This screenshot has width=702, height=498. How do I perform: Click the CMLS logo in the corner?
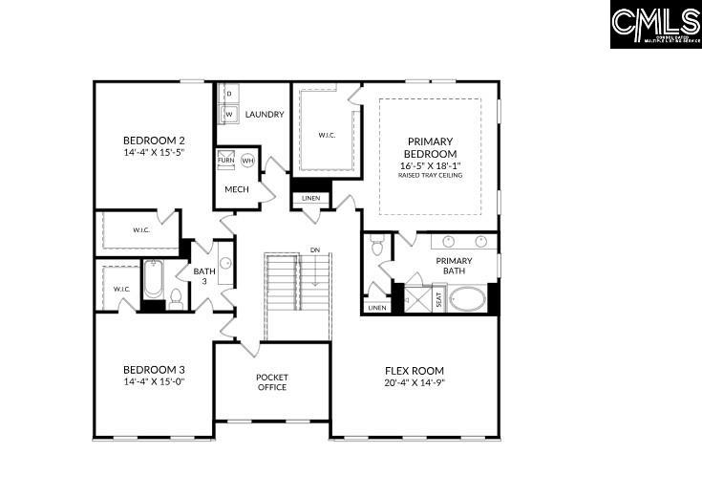pos(655,25)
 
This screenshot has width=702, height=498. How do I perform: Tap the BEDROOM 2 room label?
pos(153,141)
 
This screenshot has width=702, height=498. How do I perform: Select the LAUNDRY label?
pos(264,115)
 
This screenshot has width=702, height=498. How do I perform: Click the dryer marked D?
pos(229,94)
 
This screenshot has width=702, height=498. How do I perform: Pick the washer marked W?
pos(229,115)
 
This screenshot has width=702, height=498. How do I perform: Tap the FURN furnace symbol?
pos(226,160)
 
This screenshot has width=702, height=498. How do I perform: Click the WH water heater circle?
pos(248,161)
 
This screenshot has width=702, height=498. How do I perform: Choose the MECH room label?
pos(237,189)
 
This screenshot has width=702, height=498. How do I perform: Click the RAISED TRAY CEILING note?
pos(430,176)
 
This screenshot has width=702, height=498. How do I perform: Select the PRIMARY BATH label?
pos(455,266)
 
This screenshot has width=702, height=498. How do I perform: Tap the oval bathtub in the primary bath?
pos(467,300)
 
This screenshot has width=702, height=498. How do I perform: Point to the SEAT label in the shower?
pos(438,299)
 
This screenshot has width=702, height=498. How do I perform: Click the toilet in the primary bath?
pos(377,248)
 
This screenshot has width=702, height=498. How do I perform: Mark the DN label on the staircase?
pos(314,250)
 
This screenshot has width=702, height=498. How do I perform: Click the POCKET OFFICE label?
pos(272,381)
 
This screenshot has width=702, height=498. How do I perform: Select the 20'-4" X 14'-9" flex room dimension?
pos(415,383)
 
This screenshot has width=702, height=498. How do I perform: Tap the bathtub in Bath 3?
pos(154,280)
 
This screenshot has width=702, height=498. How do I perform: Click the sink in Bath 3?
pos(226,262)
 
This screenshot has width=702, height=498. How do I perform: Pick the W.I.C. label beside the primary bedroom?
pos(328,135)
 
